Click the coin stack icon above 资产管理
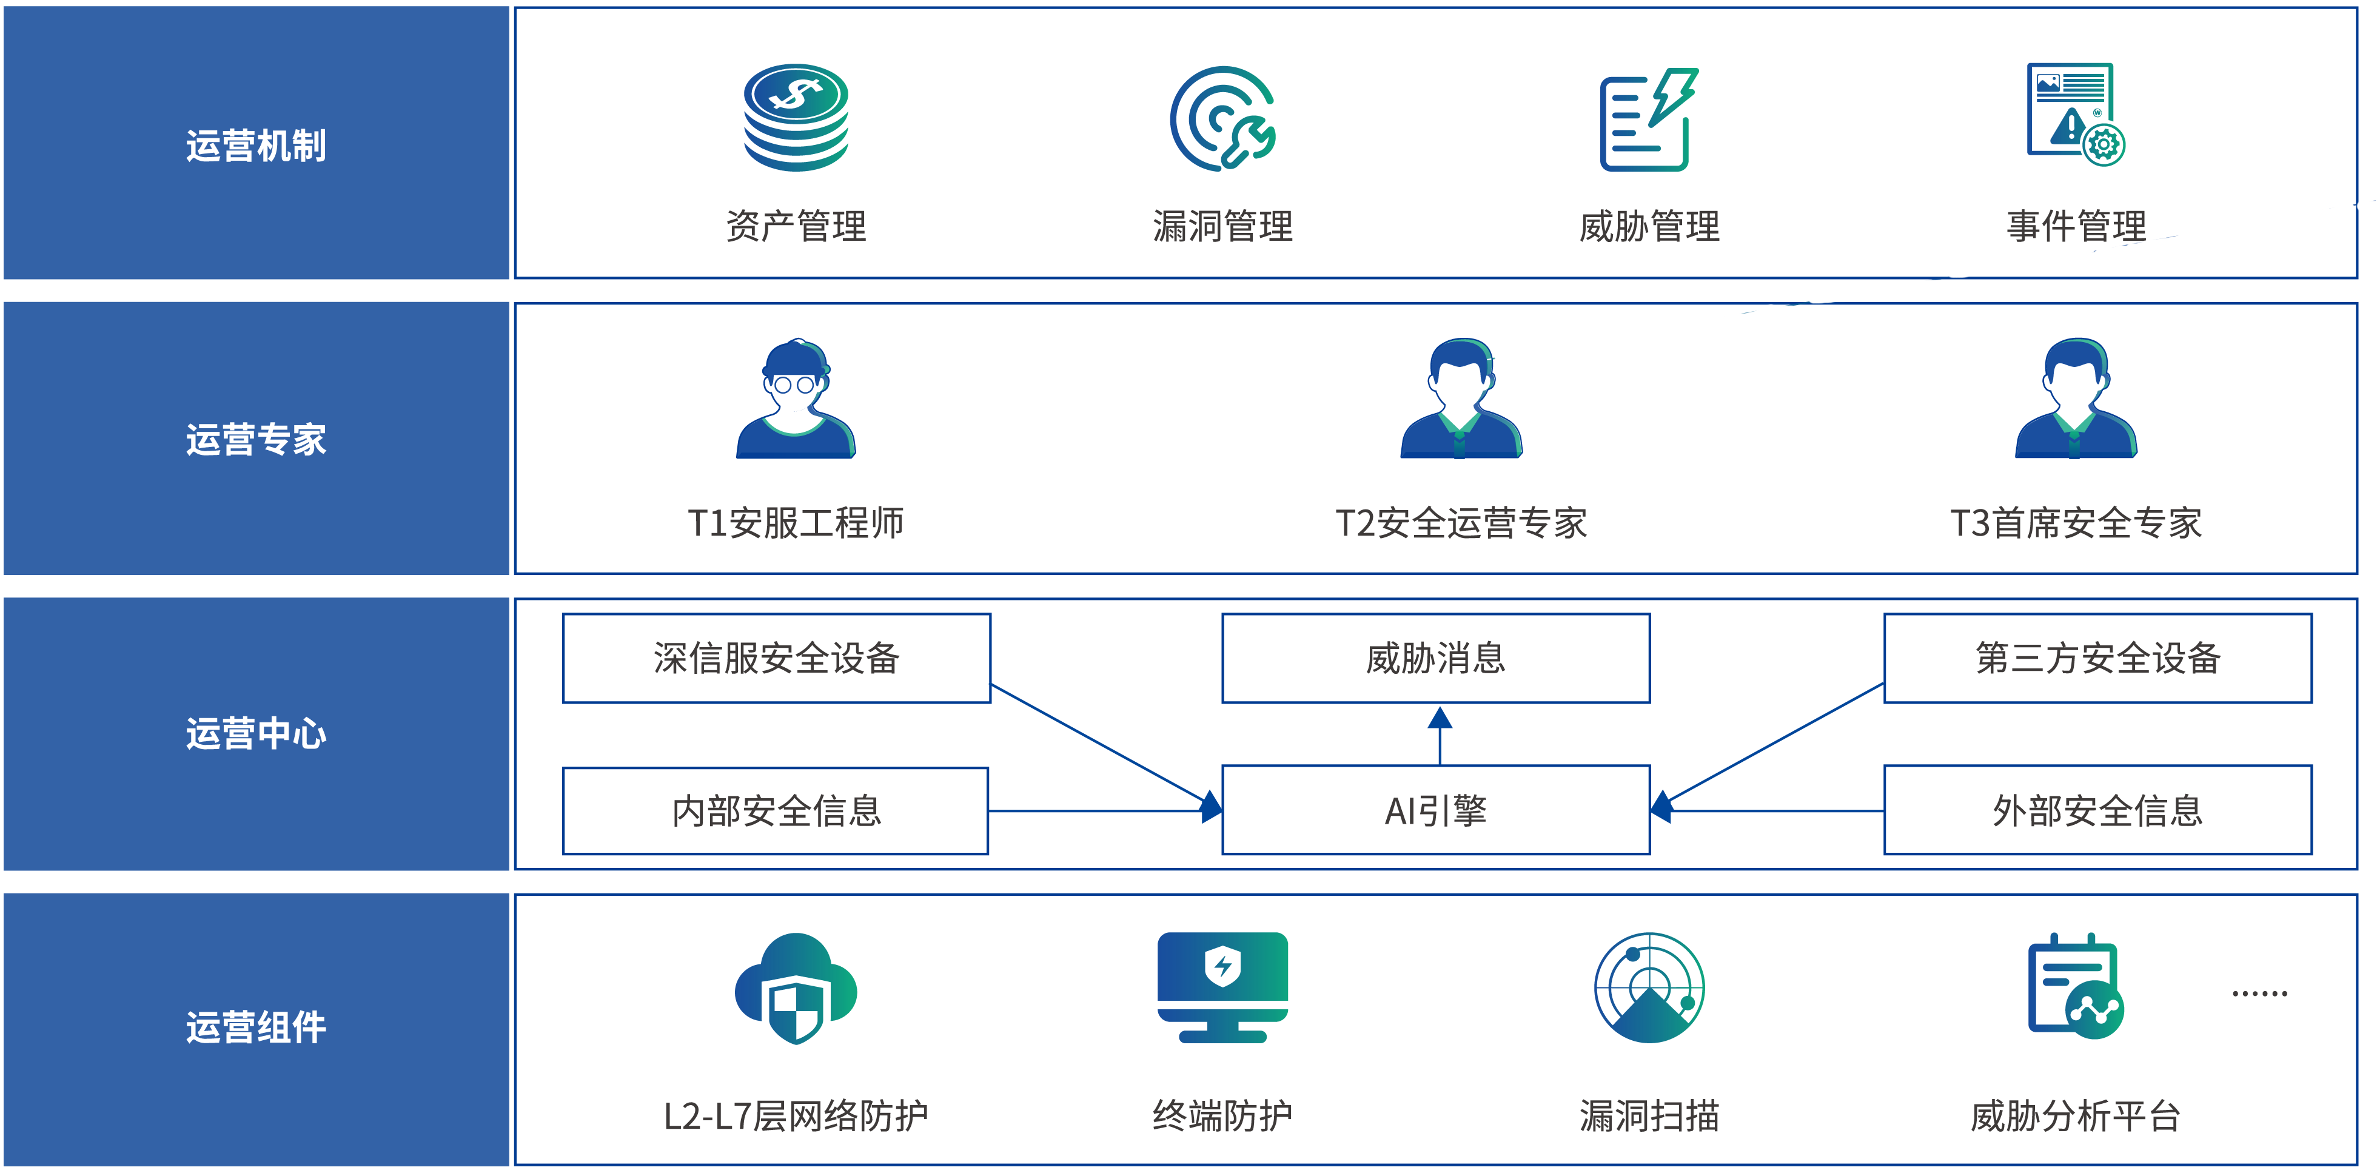(x=796, y=117)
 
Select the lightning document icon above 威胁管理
(x=1649, y=119)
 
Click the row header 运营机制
(x=256, y=146)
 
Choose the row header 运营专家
(x=256, y=439)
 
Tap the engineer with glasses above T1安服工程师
(x=796, y=398)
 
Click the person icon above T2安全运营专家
(x=1461, y=398)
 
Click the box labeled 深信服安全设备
(x=777, y=658)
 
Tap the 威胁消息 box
(x=1436, y=658)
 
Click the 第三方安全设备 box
(x=2097, y=658)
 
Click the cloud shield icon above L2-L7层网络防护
(x=796, y=988)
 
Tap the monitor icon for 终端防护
(x=1222, y=987)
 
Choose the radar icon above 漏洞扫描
(x=1649, y=987)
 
